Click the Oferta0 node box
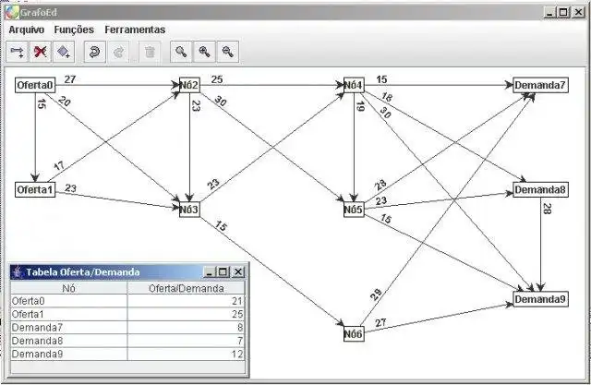[x=34, y=86]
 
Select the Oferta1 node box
[x=34, y=189]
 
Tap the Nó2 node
[x=189, y=86]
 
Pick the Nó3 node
[x=189, y=210]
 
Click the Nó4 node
[x=354, y=86]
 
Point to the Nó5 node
[x=354, y=210]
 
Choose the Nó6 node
[x=354, y=333]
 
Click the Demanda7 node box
[x=540, y=86]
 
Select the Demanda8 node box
[x=540, y=190]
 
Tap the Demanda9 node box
[x=540, y=299]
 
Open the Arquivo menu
[x=27, y=30]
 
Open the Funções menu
[x=74, y=30]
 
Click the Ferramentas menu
[x=135, y=30]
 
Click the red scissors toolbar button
[x=40, y=52]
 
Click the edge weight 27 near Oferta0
[x=70, y=79]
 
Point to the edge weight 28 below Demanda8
[x=547, y=210]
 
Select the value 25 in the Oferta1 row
[x=236, y=314]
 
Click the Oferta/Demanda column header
[x=187, y=287]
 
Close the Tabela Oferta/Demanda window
[x=238, y=271]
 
